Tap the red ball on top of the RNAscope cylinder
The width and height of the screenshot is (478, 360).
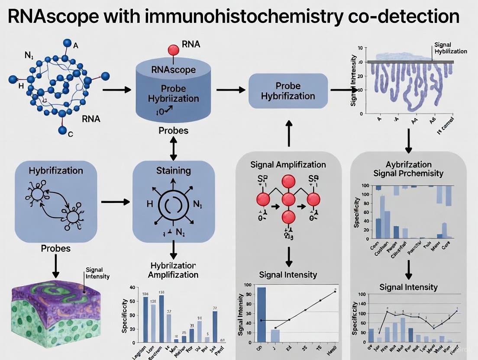(x=174, y=50)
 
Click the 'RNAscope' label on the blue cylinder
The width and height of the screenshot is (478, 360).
(x=174, y=70)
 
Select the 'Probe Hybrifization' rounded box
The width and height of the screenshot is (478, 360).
(x=288, y=90)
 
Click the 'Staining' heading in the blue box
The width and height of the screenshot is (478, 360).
(x=173, y=170)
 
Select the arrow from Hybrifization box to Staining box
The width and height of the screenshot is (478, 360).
(x=115, y=202)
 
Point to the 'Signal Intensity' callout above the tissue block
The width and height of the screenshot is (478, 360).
(x=97, y=273)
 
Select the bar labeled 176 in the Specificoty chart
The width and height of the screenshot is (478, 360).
(x=161, y=318)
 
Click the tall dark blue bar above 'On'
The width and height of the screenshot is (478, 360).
(x=262, y=315)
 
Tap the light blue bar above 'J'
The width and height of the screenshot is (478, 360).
(x=275, y=335)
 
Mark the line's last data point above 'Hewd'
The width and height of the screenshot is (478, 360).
(x=335, y=292)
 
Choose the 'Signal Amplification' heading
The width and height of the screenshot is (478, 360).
(x=288, y=164)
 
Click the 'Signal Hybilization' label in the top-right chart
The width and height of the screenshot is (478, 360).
(x=450, y=48)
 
